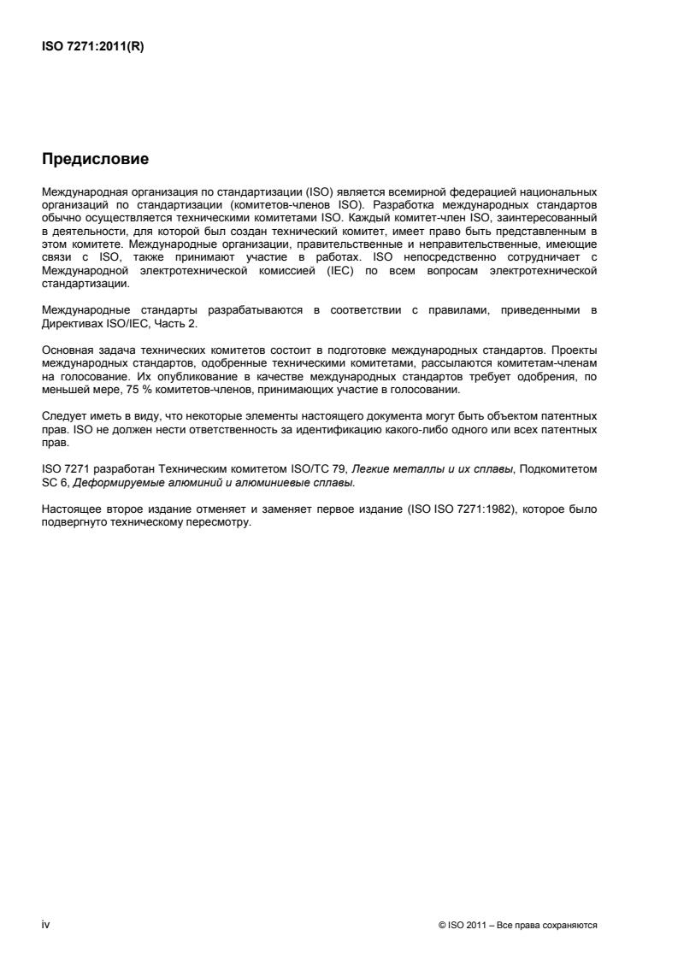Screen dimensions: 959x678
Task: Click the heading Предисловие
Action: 95,160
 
